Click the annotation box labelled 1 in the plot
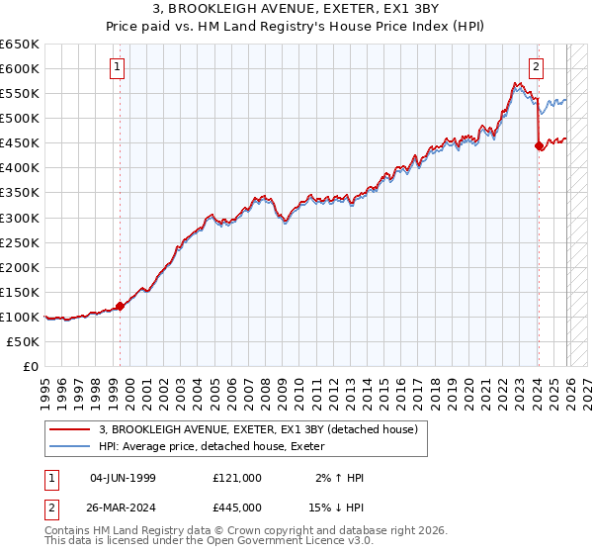(118, 67)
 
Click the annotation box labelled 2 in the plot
(536, 67)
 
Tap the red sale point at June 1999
(120, 306)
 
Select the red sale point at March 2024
(539, 145)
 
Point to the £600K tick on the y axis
(20, 69)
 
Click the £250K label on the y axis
(20, 242)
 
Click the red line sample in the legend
(70, 429)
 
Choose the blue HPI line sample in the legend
(70, 447)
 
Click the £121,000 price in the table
(236, 478)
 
